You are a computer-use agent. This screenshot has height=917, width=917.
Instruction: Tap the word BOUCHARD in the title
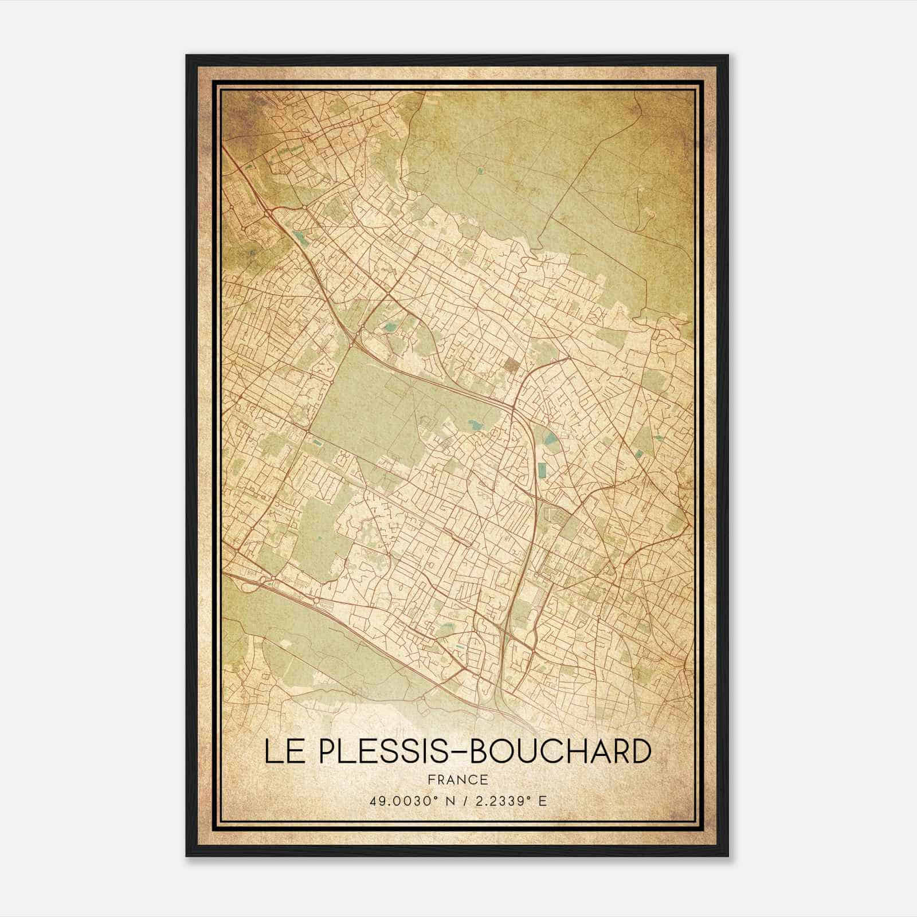click(x=561, y=751)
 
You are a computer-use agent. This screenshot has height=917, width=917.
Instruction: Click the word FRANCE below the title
click(x=457, y=779)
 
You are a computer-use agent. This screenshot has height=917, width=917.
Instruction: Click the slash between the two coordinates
click(x=459, y=801)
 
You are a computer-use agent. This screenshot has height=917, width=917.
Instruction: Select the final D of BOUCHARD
click(x=641, y=751)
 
